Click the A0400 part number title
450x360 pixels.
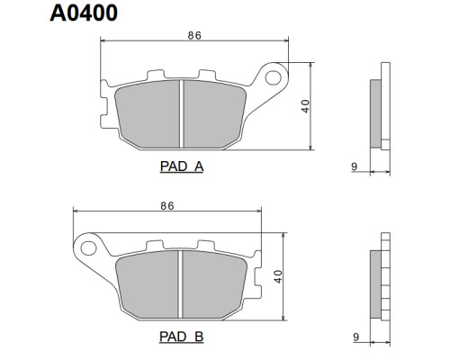click(x=84, y=13)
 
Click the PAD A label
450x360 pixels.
click(x=182, y=166)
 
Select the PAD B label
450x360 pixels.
click(x=182, y=337)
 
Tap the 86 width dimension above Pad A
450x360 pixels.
click(x=194, y=36)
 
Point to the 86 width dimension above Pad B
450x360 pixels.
click(x=167, y=206)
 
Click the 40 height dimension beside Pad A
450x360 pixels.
click(x=305, y=106)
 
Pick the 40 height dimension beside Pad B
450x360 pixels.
click(x=278, y=276)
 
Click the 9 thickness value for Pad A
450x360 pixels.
click(x=355, y=166)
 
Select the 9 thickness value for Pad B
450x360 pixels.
click(x=355, y=337)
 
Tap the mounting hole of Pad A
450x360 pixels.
click(x=273, y=77)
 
